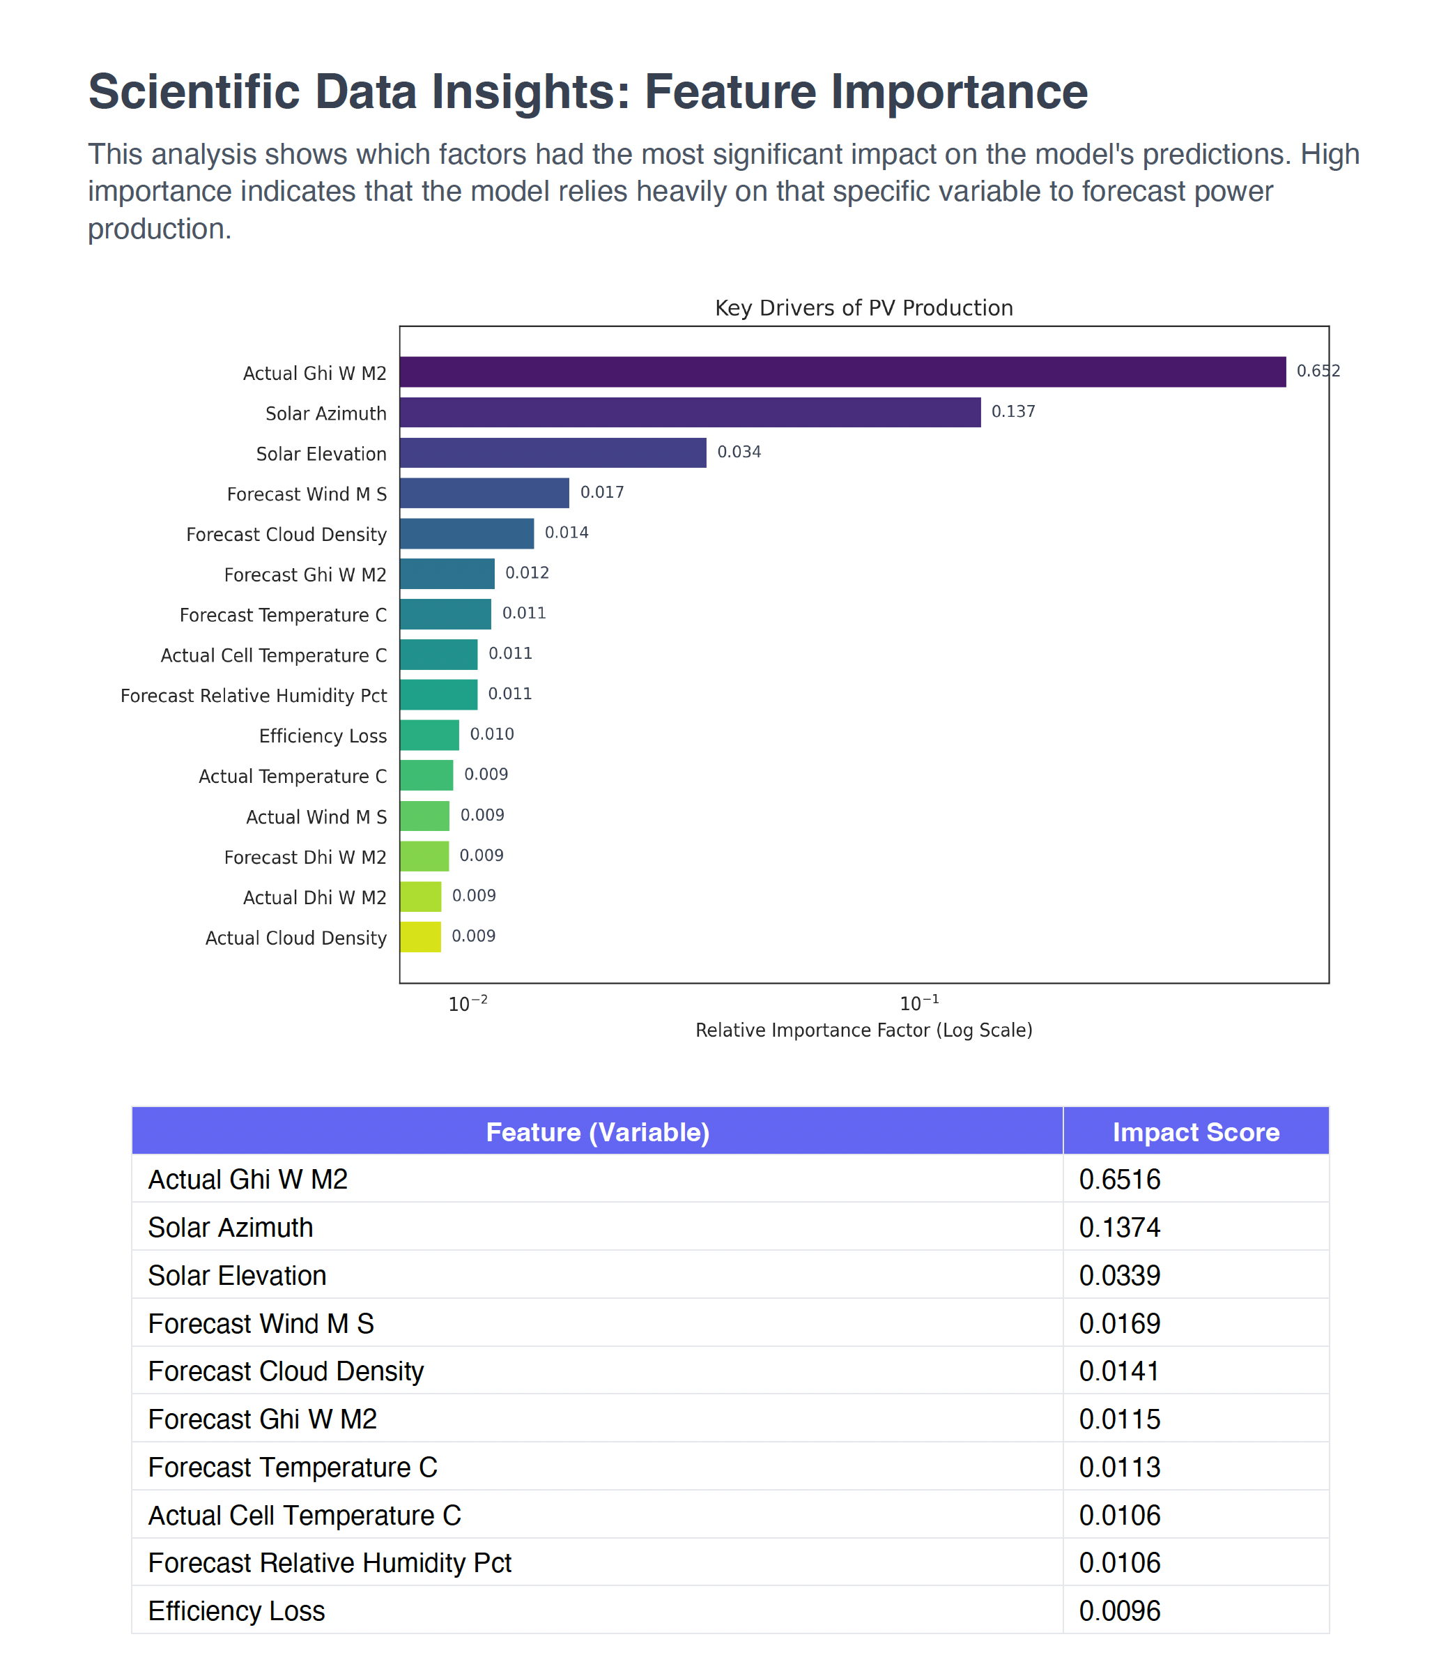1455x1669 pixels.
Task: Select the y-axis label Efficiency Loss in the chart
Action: click(323, 736)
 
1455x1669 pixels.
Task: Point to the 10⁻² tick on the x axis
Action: click(468, 1004)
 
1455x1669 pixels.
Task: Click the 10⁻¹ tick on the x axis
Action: click(919, 1004)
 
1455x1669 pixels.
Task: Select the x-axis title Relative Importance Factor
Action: click(863, 1030)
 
